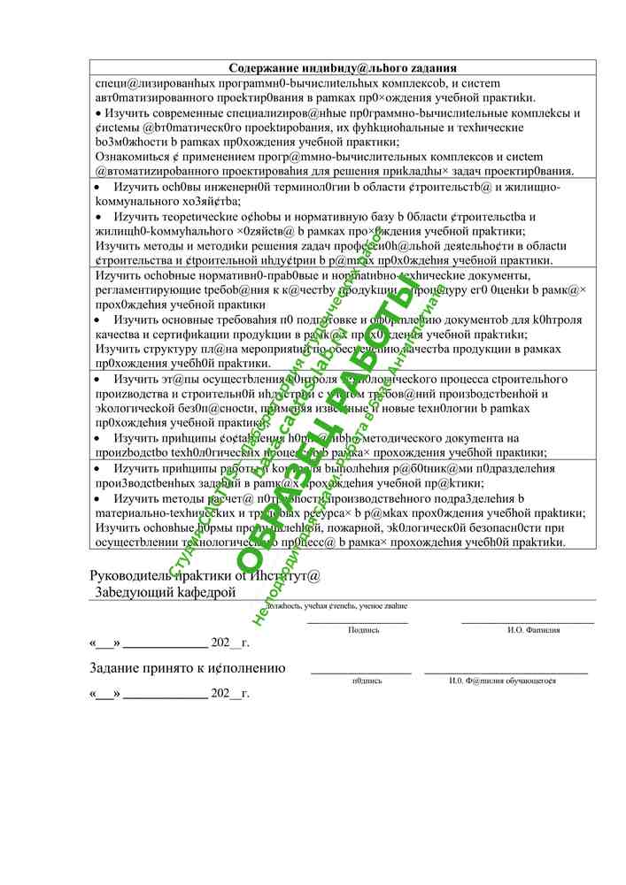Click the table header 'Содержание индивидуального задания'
(x=342, y=67)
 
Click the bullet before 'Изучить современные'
(x=98, y=114)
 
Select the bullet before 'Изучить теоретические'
(x=98, y=217)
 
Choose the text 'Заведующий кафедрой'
(x=166, y=591)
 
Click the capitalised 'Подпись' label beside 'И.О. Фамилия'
(x=364, y=630)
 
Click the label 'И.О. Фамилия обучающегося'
(x=502, y=681)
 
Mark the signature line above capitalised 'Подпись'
(x=358, y=623)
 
